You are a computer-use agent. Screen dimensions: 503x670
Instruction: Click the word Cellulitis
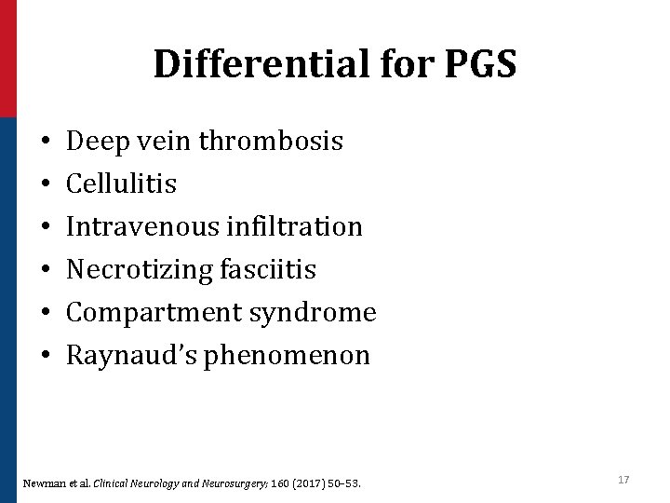click(x=122, y=184)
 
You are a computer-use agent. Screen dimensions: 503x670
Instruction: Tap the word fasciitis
click(x=270, y=269)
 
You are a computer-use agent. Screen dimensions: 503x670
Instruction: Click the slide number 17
click(x=623, y=479)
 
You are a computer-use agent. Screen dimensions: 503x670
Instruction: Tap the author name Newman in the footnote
click(x=42, y=482)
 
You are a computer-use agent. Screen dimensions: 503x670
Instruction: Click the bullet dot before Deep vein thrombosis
click(x=46, y=143)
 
